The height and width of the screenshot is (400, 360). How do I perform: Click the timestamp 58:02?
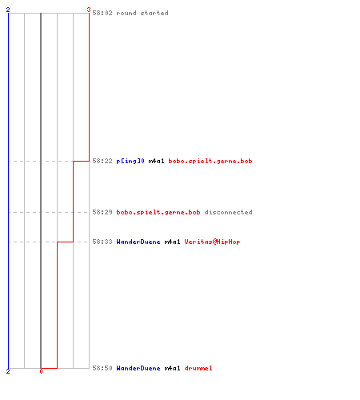click(102, 13)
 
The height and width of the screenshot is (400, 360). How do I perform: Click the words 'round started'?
click(142, 13)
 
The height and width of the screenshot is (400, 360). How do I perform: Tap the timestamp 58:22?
click(102, 161)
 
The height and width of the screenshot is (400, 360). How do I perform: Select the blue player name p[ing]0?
click(130, 161)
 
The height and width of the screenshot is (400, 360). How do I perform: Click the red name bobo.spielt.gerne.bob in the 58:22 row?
click(210, 161)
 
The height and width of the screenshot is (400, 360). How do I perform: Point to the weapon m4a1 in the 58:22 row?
click(156, 161)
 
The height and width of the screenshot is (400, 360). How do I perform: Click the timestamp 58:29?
click(102, 212)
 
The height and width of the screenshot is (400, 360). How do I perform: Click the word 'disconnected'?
click(228, 212)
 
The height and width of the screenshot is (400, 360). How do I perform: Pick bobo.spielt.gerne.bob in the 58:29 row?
click(158, 212)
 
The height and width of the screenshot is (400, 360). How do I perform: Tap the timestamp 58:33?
click(102, 242)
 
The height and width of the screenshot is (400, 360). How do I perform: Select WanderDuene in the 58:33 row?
click(138, 242)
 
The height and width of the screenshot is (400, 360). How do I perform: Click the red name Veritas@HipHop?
click(212, 242)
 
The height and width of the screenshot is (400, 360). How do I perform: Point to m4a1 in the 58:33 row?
click(172, 242)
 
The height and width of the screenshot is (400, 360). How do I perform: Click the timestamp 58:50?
click(102, 368)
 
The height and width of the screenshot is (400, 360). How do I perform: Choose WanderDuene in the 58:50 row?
click(138, 368)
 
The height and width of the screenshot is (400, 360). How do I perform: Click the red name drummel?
click(198, 368)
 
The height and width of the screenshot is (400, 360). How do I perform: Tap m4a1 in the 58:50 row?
click(172, 368)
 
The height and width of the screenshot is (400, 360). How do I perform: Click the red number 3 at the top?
click(89, 10)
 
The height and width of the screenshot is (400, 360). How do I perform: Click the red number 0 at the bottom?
click(41, 371)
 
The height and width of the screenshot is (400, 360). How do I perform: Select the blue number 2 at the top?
click(8, 10)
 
